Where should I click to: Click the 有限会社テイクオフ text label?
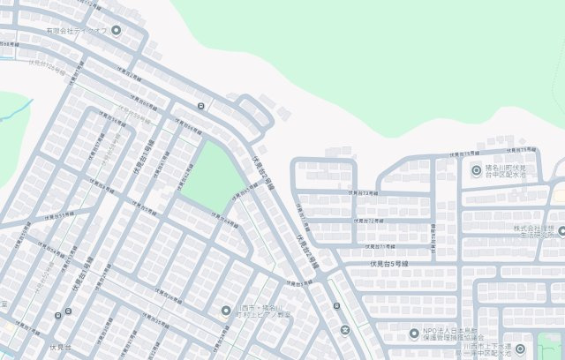[x=77, y=31]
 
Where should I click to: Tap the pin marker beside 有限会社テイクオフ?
[x=116, y=31]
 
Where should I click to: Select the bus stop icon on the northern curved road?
[x=201, y=107]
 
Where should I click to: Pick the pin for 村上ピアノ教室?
[x=226, y=310]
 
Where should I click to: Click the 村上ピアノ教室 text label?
[x=264, y=310]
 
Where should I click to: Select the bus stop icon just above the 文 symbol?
[x=337, y=306]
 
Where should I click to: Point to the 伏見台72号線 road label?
[x=365, y=191]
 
